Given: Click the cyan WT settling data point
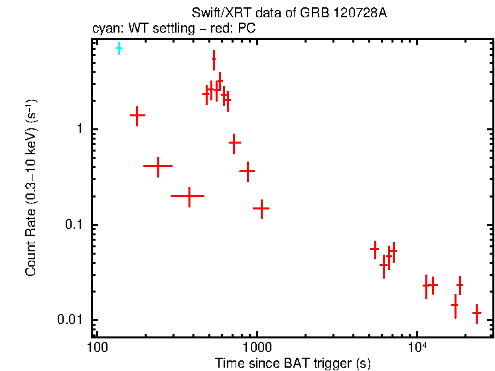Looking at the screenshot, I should pyautogui.click(x=119, y=49).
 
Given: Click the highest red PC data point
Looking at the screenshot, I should pyautogui.click(x=214, y=60).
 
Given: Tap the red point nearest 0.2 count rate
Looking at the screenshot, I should pyautogui.click(x=188, y=196).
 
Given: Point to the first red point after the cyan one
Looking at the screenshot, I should pyautogui.click(x=137, y=115).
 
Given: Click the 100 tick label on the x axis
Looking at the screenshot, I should pyautogui.click(x=97, y=348).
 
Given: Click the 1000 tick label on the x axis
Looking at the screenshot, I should pyautogui.click(x=257, y=348).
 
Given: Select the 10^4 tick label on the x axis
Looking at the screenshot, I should pyautogui.click(x=416, y=346).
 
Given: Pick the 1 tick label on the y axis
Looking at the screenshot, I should pyautogui.click(x=84, y=129).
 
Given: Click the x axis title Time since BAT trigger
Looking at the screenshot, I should pyautogui.click(x=292, y=363).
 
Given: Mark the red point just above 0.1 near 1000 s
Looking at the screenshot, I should pyautogui.click(x=261, y=209).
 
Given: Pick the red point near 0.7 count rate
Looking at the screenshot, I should pyautogui.click(x=234, y=142).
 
